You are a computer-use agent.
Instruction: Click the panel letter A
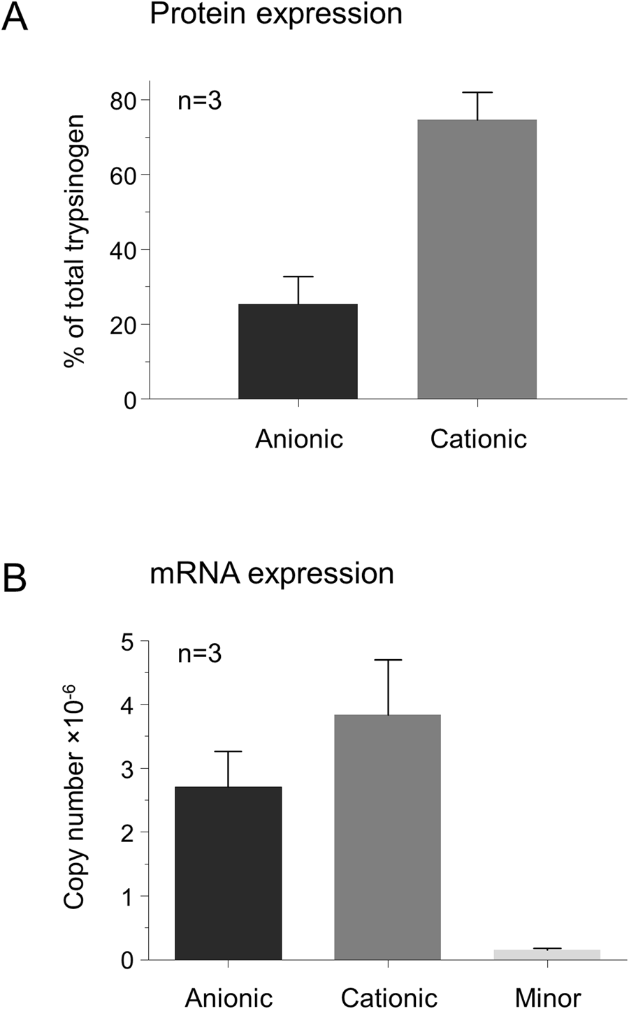coord(15,17)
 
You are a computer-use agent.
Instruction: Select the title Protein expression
coord(276,14)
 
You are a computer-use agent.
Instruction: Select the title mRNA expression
coord(272,574)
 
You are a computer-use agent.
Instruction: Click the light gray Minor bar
coord(547,955)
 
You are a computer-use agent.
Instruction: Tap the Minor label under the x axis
coord(547,997)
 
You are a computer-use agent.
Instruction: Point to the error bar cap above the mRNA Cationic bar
coord(387,660)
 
